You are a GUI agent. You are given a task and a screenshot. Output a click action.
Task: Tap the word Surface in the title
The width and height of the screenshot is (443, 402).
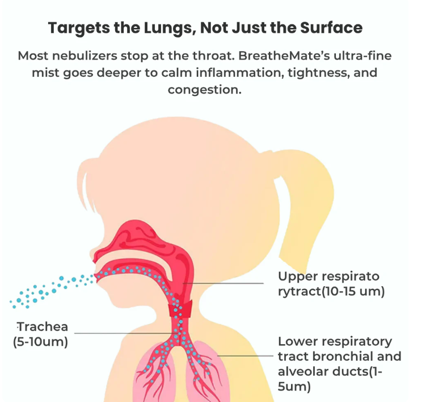(331, 28)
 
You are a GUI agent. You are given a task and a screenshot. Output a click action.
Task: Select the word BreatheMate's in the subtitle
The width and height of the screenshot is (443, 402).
(284, 56)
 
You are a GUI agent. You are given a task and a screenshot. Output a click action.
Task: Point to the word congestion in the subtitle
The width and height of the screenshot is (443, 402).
(205, 90)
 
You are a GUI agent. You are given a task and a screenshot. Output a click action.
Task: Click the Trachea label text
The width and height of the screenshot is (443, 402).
(43, 326)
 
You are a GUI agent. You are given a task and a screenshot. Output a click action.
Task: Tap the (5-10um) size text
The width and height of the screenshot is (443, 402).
(40, 342)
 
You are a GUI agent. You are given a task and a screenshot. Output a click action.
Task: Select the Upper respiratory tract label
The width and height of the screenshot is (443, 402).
(331, 284)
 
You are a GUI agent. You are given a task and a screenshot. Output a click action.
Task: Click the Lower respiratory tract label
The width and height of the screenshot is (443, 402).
(339, 364)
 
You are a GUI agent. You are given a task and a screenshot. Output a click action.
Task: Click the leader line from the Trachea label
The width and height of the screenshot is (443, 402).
(126, 333)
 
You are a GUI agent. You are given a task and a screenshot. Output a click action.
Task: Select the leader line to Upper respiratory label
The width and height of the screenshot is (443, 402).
(223, 283)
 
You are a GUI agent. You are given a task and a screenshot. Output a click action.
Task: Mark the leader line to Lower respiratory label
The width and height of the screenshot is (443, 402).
(245, 355)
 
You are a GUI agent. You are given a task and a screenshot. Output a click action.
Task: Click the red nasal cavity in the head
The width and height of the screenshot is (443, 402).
(141, 241)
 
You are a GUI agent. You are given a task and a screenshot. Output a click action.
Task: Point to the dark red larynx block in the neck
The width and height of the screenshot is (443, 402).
(181, 309)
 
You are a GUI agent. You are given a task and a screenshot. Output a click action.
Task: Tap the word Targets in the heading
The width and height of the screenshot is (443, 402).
(79, 28)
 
